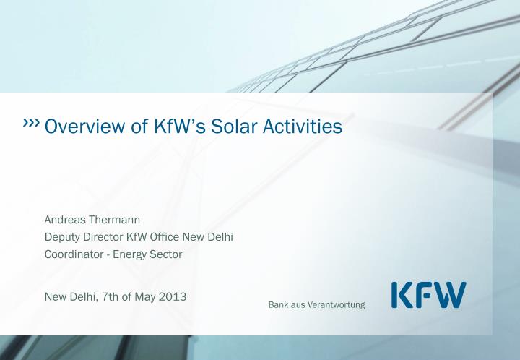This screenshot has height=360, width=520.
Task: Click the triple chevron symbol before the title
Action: pos(32,124)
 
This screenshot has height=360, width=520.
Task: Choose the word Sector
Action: pos(167,254)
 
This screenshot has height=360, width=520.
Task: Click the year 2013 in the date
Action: pos(173,296)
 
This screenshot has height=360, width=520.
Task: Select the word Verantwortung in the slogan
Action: pos(337,304)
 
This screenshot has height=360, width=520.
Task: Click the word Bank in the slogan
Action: pos(279,304)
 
